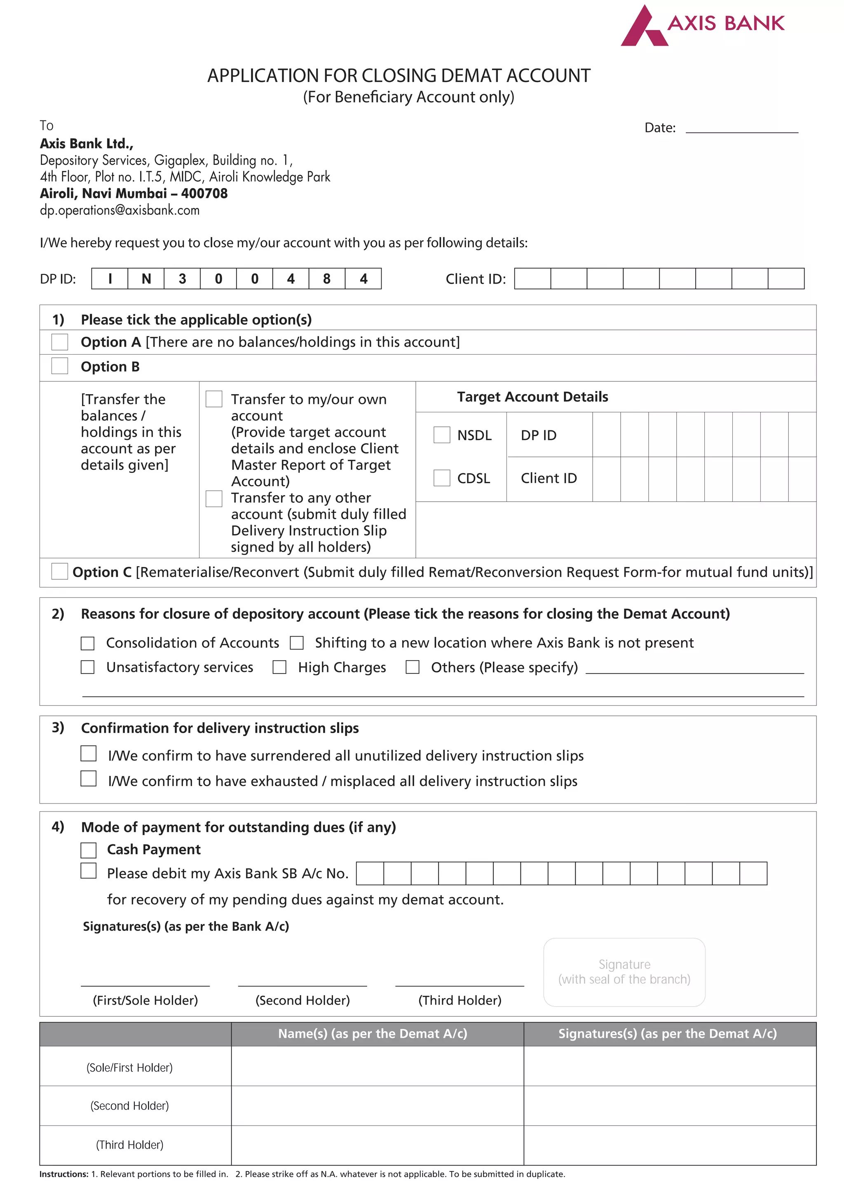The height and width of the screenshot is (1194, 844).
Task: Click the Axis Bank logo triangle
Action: [x=643, y=28]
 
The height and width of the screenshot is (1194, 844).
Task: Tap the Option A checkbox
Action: [x=60, y=342]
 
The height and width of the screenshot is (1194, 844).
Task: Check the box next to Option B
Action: [x=60, y=366]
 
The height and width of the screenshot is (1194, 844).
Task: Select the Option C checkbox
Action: [x=60, y=571]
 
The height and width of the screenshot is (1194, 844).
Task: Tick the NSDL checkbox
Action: [x=442, y=435]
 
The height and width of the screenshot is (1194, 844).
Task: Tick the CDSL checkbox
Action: [x=442, y=478]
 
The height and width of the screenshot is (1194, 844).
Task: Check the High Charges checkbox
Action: [x=279, y=667]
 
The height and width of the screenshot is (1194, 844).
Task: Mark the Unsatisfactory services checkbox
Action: [x=87, y=667]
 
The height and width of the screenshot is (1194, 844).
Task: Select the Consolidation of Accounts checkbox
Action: [x=87, y=643]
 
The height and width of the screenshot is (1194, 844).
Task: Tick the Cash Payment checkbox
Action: [x=88, y=850]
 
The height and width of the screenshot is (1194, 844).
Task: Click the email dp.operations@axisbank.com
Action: [x=120, y=211]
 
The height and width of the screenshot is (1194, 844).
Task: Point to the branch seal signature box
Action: [x=624, y=972]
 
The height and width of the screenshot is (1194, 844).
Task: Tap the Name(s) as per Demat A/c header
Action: [x=372, y=1034]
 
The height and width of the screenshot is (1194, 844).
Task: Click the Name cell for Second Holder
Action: [x=377, y=1106]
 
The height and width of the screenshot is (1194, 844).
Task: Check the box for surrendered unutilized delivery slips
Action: [x=88, y=754]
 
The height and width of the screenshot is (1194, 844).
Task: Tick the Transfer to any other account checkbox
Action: [x=213, y=498]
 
